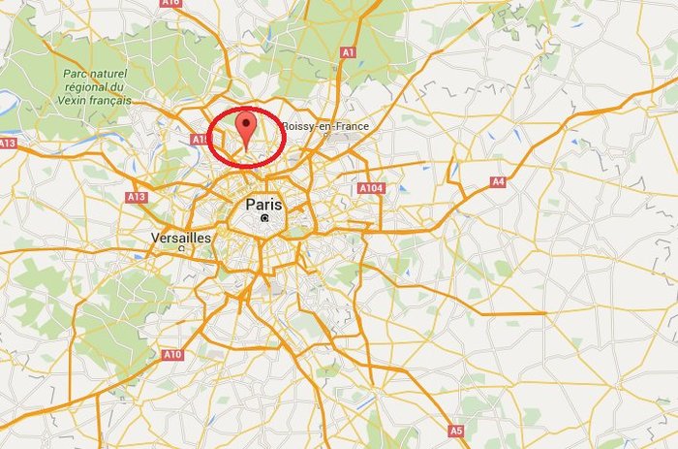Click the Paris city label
263,205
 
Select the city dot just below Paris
264,219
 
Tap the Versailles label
181,238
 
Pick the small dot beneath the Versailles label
181,248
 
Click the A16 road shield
171,3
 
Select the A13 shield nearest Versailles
136,197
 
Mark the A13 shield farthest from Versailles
8,143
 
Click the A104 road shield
370,187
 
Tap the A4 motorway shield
498,181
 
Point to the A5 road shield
456,430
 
